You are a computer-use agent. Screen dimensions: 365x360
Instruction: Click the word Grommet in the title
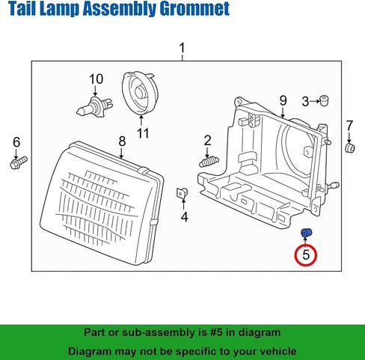point(194,9)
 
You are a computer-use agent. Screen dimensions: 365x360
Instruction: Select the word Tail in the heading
point(22,8)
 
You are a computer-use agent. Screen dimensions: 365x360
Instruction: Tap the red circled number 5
point(306,255)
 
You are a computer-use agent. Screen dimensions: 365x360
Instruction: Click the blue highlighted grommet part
point(307,233)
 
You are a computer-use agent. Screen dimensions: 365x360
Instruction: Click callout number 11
point(143,133)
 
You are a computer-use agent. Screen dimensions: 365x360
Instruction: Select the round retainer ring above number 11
point(140,94)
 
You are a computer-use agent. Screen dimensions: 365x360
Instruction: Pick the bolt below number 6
point(19,162)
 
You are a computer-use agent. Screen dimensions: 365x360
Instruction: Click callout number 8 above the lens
point(122,141)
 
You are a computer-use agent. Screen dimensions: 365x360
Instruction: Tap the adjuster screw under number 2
point(209,162)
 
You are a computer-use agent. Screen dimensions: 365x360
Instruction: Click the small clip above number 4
point(182,193)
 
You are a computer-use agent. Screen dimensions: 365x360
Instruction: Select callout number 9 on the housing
point(283,101)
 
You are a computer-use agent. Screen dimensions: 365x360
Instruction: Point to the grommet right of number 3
point(324,100)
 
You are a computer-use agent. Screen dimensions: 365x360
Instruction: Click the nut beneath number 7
point(350,148)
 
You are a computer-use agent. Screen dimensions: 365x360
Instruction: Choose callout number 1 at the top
point(182,48)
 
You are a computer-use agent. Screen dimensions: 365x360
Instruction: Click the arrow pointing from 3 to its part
point(315,101)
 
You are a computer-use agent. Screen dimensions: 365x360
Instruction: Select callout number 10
point(96,79)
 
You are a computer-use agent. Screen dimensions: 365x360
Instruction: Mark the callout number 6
point(16,142)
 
